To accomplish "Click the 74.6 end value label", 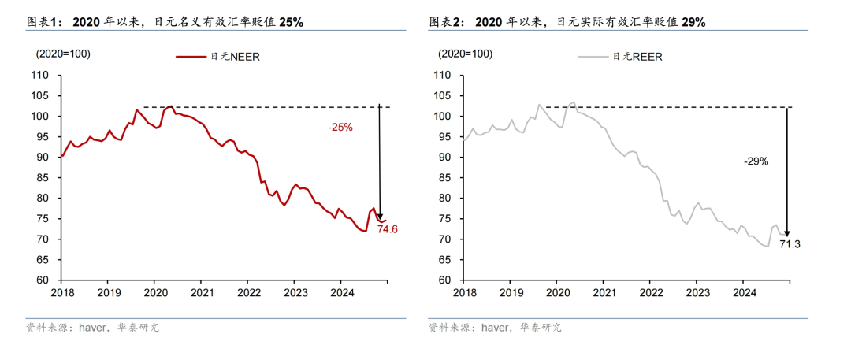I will [387, 230].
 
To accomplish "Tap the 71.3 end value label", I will [790, 244].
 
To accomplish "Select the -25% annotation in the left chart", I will [340, 126].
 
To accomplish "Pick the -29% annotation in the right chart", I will [756, 161].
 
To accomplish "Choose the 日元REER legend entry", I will [637, 57].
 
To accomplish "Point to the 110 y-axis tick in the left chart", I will [41, 76].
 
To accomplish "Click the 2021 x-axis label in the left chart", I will [202, 292].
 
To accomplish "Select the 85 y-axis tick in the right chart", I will [444, 178].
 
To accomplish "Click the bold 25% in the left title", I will [291, 23].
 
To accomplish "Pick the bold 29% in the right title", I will [693, 23].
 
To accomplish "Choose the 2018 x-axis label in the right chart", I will [465, 292].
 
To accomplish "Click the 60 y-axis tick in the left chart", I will [43, 280].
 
